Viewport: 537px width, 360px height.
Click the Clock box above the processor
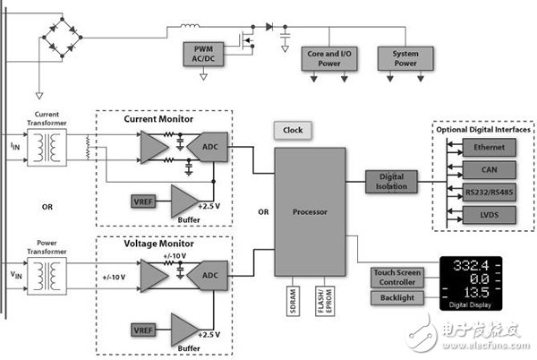[293, 130]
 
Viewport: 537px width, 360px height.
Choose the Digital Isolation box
[390, 181]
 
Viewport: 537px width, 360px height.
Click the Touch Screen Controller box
[396, 278]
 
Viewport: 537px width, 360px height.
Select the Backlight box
[396, 297]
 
